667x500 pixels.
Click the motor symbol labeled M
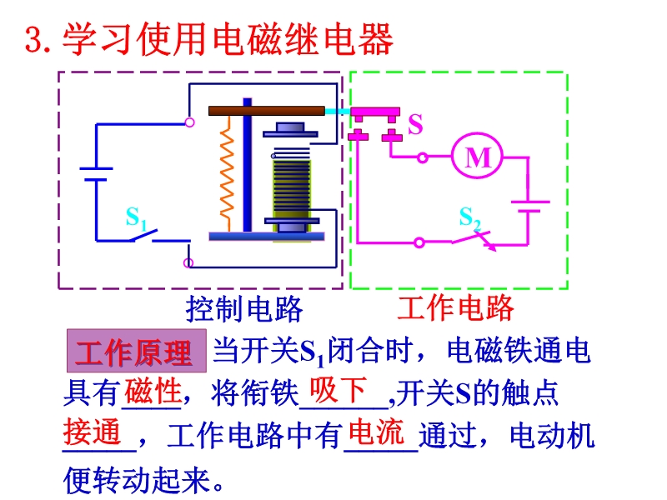click(478, 156)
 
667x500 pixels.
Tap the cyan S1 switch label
click(136, 218)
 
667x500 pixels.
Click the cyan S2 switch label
click(470, 218)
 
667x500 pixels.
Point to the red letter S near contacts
click(415, 125)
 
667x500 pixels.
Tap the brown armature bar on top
click(266, 110)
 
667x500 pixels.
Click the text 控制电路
click(243, 309)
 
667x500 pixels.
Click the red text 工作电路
click(454, 308)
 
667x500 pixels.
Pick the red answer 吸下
click(339, 389)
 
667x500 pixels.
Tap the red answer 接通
click(93, 432)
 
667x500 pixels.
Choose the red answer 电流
click(377, 432)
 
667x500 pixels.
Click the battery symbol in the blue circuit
click(96, 173)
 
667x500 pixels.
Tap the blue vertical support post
click(247, 167)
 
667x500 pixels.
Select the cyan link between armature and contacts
click(338, 111)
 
